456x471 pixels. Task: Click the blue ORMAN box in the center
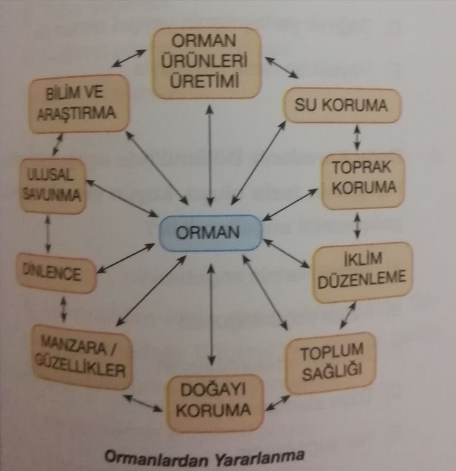tap(210, 233)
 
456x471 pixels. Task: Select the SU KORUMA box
tap(342, 105)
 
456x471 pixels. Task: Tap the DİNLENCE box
tap(56, 273)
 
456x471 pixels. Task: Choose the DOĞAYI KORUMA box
tap(214, 402)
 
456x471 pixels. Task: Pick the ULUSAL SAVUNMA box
tap(53, 186)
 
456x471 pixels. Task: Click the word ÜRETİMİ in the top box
tap(204, 80)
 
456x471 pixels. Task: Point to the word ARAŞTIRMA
tap(76, 113)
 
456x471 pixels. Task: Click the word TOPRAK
tap(361, 167)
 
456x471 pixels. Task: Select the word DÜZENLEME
tap(362, 280)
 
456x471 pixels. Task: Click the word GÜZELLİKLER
tap(80, 366)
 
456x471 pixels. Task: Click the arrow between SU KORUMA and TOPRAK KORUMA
tap(357, 138)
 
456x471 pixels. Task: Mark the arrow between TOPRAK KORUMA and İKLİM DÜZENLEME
tap(357, 226)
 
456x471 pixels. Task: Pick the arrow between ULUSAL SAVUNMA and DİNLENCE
tap(48, 234)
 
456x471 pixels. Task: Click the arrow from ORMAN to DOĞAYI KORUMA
tap(211, 314)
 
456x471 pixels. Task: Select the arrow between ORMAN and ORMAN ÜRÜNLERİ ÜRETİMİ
tap(210, 156)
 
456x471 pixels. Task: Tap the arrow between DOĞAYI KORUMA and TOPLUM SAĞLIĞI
tap(278, 403)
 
